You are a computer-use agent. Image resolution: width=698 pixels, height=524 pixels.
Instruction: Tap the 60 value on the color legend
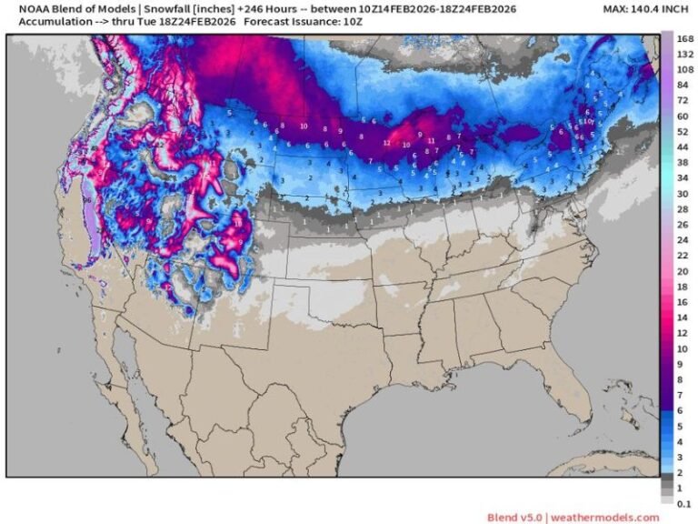coord(683,117)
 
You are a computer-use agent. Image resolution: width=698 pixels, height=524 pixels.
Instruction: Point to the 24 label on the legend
coord(683,239)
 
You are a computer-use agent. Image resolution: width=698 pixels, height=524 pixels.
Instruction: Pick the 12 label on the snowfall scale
coord(683,334)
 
